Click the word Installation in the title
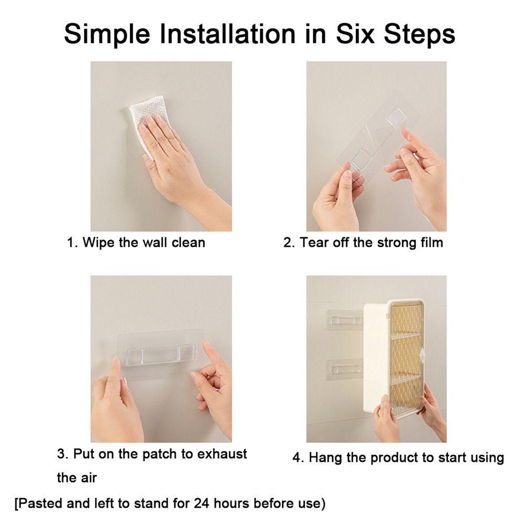(x=228, y=34)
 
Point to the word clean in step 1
(x=188, y=242)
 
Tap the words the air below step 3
(x=77, y=477)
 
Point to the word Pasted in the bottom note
(x=40, y=503)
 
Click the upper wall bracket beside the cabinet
(x=345, y=320)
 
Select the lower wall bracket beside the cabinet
(x=345, y=369)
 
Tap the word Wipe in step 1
(x=99, y=243)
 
